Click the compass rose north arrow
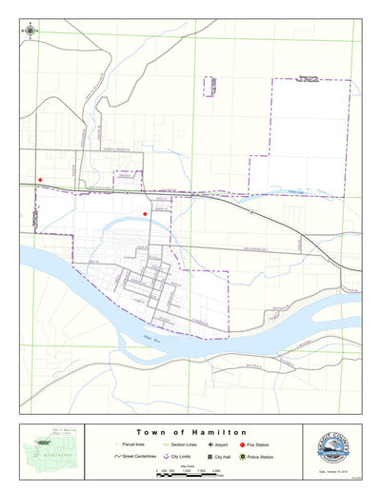30,30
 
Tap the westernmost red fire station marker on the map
40,179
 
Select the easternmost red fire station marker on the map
145,214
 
